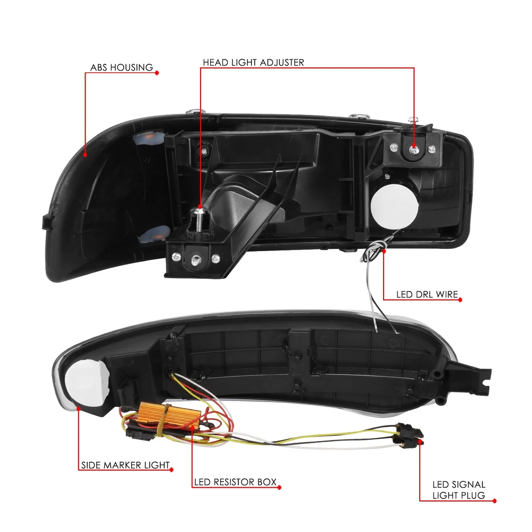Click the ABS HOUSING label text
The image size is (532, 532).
pyautogui.click(x=121, y=68)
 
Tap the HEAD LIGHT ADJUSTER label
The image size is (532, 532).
pyautogui.click(x=253, y=62)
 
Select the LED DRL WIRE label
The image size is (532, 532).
pyautogui.click(x=427, y=294)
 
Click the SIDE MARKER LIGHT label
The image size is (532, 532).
pyautogui.click(x=126, y=465)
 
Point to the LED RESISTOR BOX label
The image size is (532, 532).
pyautogui.click(x=236, y=482)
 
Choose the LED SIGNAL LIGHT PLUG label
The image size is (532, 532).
pyautogui.click(x=459, y=490)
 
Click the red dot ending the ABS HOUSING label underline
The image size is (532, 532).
pyautogui.click(x=157, y=72)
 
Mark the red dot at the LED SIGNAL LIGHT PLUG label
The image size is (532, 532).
pyautogui.click(x=494, y=501)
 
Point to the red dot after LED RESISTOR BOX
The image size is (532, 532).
pyautogui.click(x=279, y=487)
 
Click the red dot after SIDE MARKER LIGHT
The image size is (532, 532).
pyautogui.click(x=171, y=470)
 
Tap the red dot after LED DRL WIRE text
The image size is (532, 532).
pyautogui.click(x=460, y=300)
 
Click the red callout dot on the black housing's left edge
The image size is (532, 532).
pyautogui.click(x=85, y=155)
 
